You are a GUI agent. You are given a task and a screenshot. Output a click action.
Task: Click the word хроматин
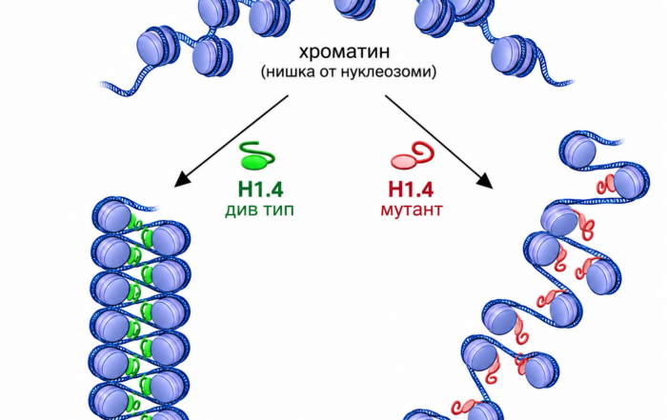(344, 51)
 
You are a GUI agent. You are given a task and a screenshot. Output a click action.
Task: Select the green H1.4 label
(260, 190)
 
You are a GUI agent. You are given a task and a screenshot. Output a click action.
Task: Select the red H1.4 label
(411, 190)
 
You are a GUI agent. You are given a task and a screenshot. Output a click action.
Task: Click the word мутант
(412, 210)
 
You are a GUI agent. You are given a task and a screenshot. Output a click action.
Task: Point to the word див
(240, 210)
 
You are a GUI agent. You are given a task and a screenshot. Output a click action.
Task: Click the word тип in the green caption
(277, 210)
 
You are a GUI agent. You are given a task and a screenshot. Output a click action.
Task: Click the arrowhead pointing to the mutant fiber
(486, 180)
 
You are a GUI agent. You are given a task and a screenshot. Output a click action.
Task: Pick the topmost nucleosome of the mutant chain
(578, 150)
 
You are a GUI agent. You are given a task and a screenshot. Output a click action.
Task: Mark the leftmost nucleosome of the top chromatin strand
(155, 47)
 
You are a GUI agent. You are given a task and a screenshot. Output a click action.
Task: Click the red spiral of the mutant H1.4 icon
(423, 151)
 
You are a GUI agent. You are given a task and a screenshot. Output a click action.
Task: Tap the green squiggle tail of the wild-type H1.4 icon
(258, 150)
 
